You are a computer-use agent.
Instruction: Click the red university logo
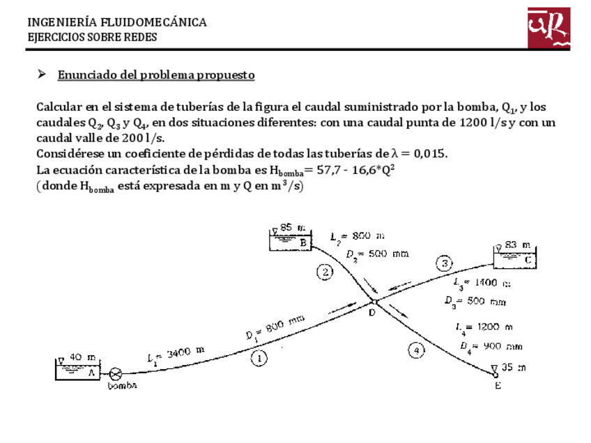pyautogui.click(x=548, y=28)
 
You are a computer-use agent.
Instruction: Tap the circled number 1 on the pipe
pyautogui.click(x=259, y=359)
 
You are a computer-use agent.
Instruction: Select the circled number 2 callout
pyautogui.click(x=325, y=272)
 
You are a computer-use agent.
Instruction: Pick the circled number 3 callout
pyautogui.click(x=445, y=263)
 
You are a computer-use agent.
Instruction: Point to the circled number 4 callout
pyautogui.click(x=416, y=350)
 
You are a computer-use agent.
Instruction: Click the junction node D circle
pyautogui.click(x=374, y=302)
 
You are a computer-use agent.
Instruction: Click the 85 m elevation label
pyautogui.click(x=292, y=227)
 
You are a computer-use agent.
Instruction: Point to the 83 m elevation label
pyautogui.click(x=516, y=244)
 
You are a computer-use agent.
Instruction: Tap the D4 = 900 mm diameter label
pyautogui.click(x=491, y=345)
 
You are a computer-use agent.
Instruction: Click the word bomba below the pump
pyautogui.click(x=122, y=386)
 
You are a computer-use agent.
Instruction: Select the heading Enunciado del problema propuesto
pyautogui.click(x=155, y=75)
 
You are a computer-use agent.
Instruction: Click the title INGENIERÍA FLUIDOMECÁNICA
pyautogui.click(x=116, y=22)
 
